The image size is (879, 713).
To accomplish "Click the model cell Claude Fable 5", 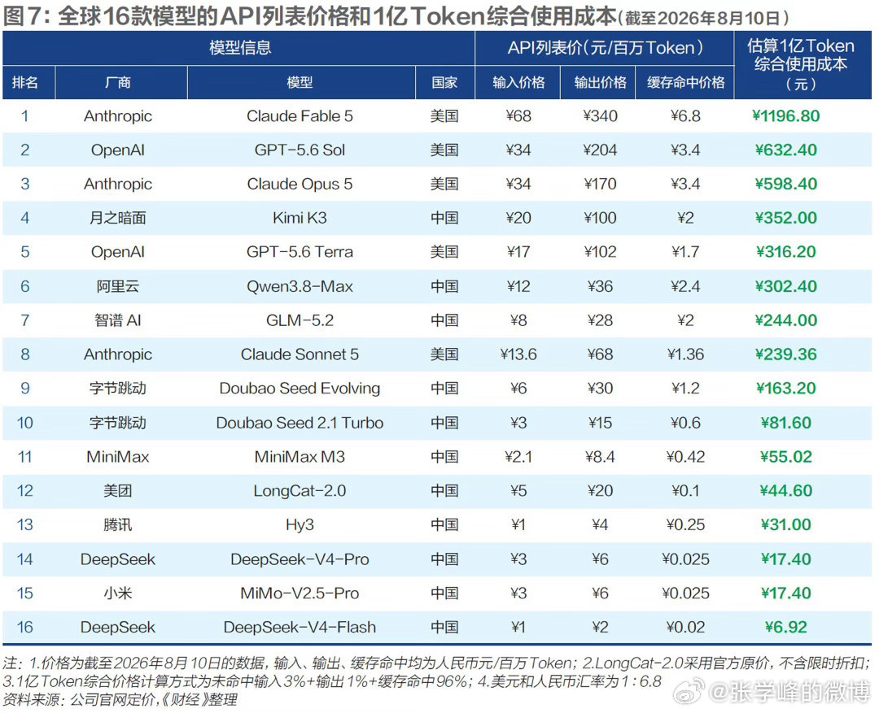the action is (300, 116).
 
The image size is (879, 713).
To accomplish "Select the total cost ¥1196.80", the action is (785, 116).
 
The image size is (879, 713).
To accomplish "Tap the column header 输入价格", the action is (518, 82).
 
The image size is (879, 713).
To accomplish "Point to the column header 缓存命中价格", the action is (685, 82).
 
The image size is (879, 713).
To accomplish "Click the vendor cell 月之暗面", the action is (118, 218).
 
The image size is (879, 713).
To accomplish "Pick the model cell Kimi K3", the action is (300, 218).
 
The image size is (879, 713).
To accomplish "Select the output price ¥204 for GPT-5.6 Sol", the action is (600, 150).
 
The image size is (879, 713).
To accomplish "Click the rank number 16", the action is (25, 627).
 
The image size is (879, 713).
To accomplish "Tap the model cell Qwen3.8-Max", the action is (300, 286).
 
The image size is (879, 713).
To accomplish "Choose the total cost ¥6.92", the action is (785, 627).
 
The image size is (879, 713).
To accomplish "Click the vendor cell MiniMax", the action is (118, 456).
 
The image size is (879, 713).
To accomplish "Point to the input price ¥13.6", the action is (518, 354).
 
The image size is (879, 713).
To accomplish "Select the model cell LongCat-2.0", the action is (300, 490).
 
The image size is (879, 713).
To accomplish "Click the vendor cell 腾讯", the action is (118, 525).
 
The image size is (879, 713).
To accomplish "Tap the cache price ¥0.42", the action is (685, 456).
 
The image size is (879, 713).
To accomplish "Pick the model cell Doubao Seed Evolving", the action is (300, 388).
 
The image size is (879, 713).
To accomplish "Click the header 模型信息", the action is (240, 48).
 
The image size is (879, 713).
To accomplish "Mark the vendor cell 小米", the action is (118, 593).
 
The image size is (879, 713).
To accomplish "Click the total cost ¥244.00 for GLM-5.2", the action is (785, 320).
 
